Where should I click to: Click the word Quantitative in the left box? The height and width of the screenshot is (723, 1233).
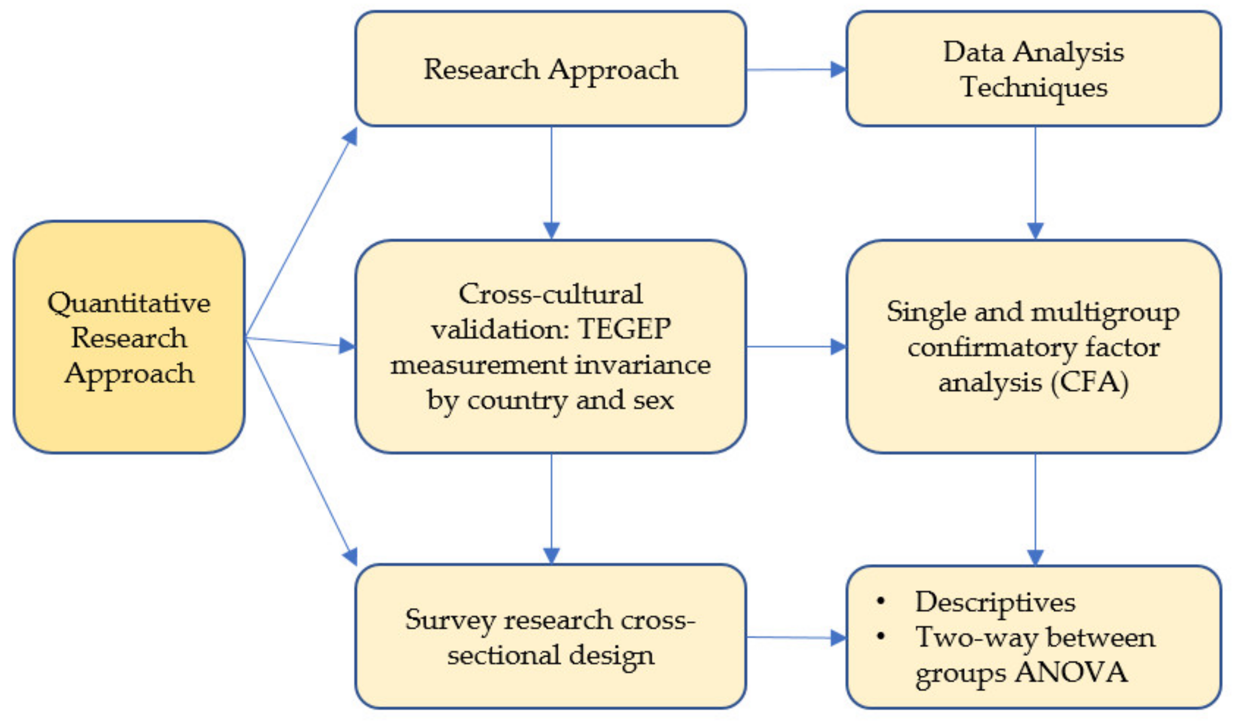click(x=129, y=303)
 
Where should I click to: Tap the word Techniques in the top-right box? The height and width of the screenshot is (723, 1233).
click(x=1033, y=88)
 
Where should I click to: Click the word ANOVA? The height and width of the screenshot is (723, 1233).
click(x=1071, y=672)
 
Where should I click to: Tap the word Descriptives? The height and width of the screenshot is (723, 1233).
click(x=995, y=602)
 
